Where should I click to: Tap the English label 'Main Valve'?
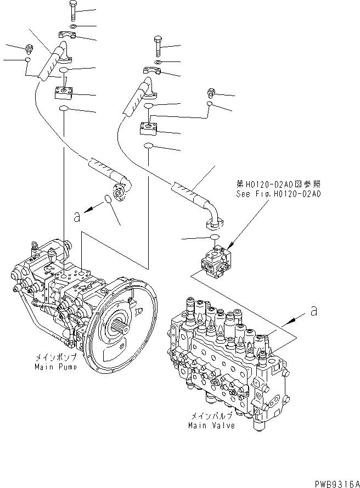click(x=211, y=425)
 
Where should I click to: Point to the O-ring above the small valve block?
click(x=215, y=237)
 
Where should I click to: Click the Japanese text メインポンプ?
click(x=50, y=358)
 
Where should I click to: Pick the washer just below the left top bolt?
click(x=74, y=26)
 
